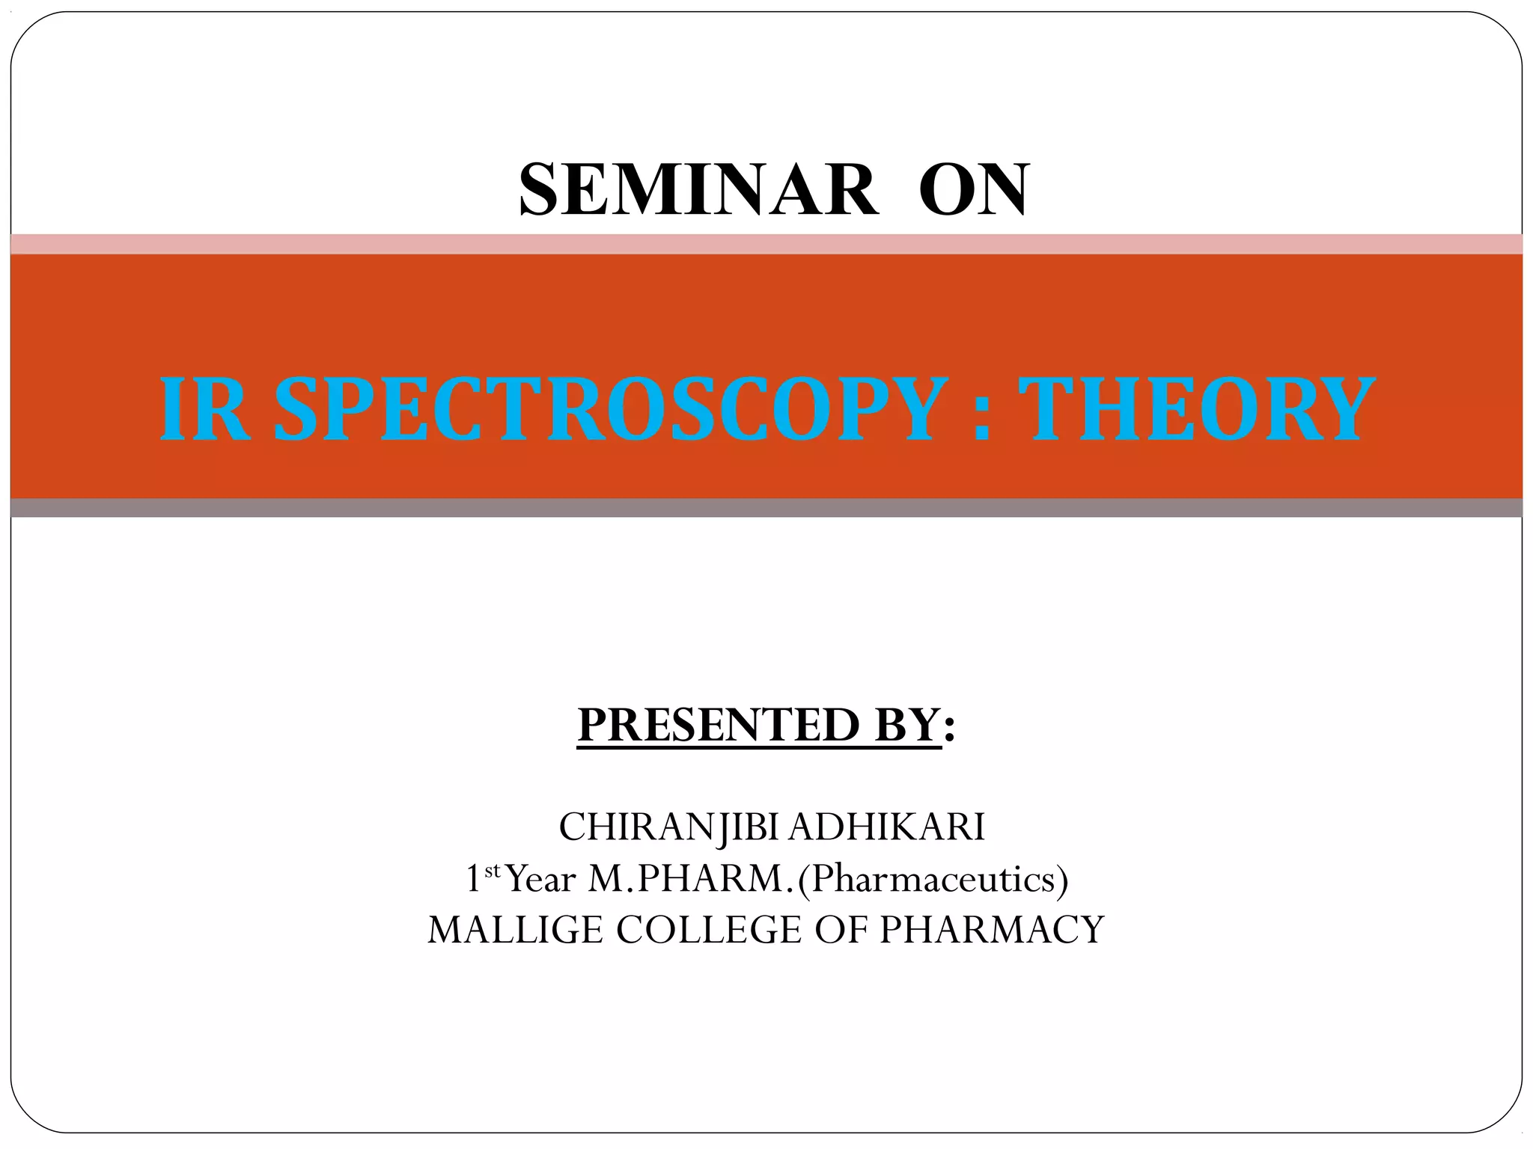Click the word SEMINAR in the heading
pyautogui.click(x=698, y=190)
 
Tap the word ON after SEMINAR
pyautogui.click(x=973, y=190)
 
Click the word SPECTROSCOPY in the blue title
pyautogui.click(x=606, y=409)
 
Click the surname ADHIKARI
pyautogui.click(x=887, y=827)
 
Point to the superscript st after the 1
pyautogui.click(x=492, y=870)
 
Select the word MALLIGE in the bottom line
pyautogui.click(x=515, y=930)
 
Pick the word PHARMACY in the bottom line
pyautogui.click(x=991, y=930)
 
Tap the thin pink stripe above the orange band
pyautogui.click(x=766, y=244)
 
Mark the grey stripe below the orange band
pyautogui.click(x=766, y=508)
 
